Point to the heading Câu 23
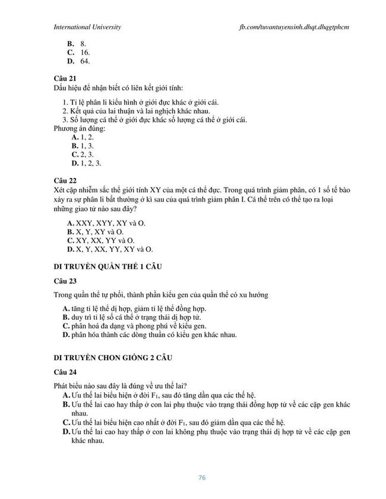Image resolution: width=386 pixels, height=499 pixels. (x=65, y=280)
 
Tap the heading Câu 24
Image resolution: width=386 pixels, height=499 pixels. (x=65, y=373)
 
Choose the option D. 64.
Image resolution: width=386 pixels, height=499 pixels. (x=78, y=61)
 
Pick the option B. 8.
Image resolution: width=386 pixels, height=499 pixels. (x=77, y=43)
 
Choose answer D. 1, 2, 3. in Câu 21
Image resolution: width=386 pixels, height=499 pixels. (x=87, y=163)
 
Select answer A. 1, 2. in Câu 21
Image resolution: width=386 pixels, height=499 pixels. (x=83, y=136)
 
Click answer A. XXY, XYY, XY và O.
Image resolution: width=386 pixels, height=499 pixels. (x=106, y=223)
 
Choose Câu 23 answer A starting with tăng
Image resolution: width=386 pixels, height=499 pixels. (x=134, y=308)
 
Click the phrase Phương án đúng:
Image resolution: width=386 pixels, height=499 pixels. (x=80, y=128)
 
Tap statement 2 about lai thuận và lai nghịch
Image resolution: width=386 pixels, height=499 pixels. (x=136, y=111)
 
